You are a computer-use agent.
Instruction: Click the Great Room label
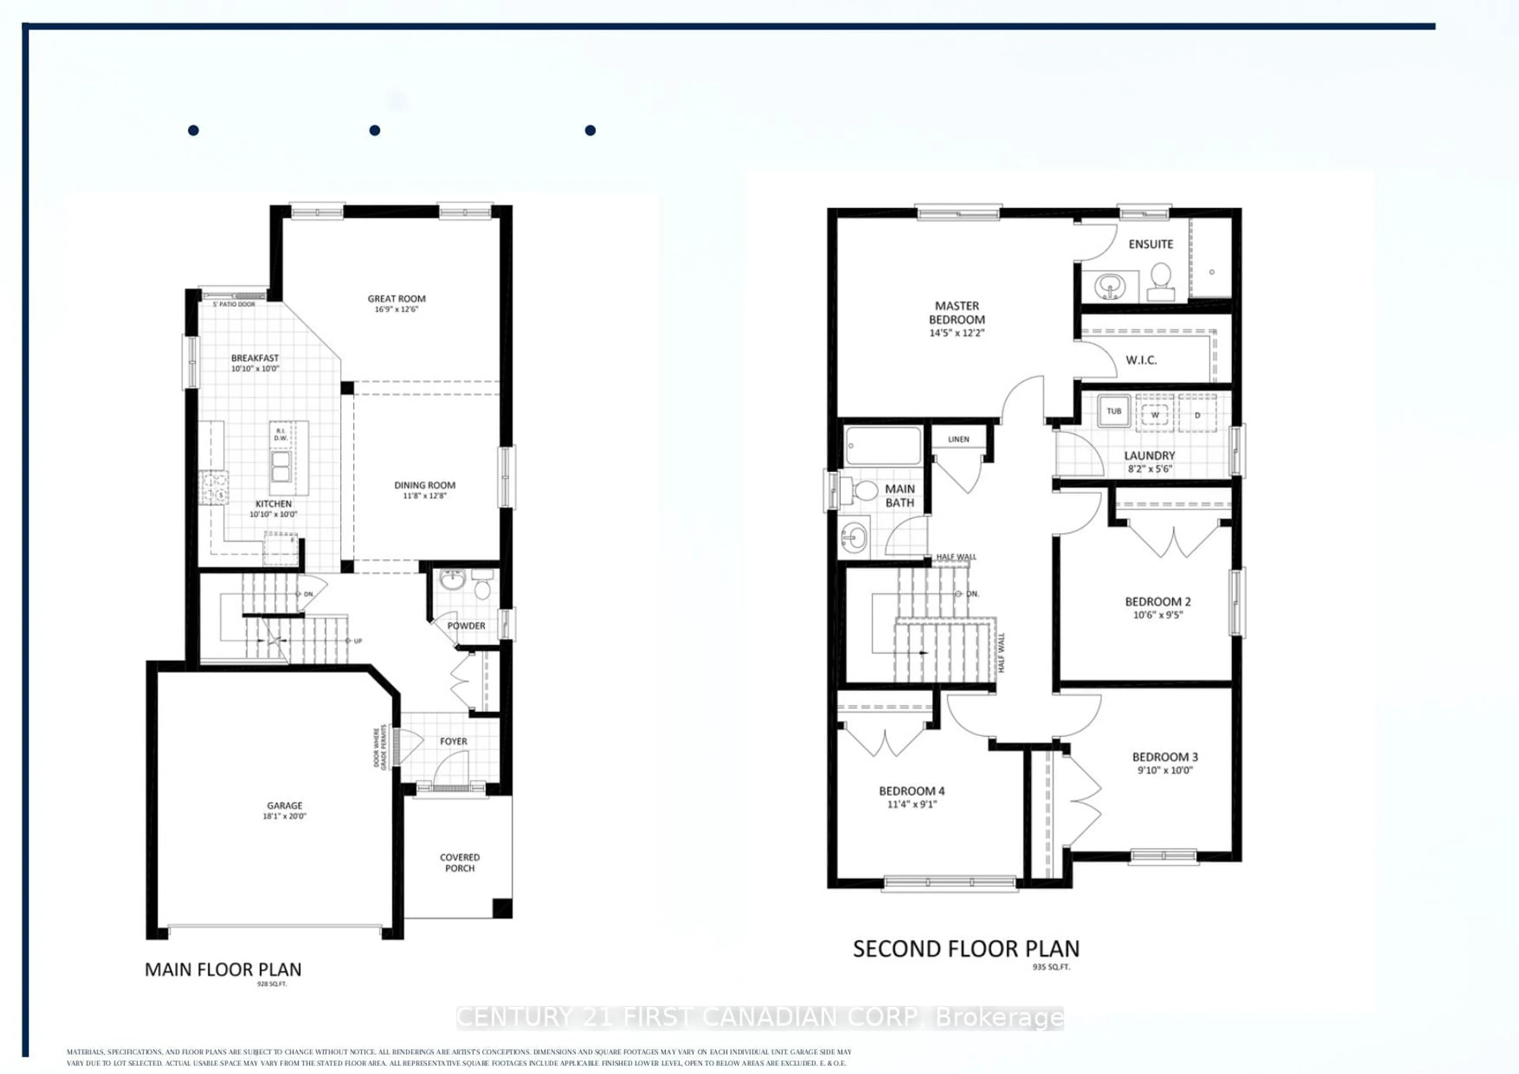[x=396, y=298]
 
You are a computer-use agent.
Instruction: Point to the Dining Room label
[x=425, y=485]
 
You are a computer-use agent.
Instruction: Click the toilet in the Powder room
[x=482, y=587]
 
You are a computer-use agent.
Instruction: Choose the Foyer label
[x=453, y=741]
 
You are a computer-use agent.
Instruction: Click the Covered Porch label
[x=460, y=862]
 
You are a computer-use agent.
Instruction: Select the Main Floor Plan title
[x=223, y=970]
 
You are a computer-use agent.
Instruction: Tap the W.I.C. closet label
[x=1141, y=360]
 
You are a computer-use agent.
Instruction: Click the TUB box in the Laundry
[x=1114, y=411]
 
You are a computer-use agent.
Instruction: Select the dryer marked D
[x=1197, y=415]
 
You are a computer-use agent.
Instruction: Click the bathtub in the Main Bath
[x=883, y=446]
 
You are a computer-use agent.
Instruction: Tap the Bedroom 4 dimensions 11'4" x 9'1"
[x=912, y=805]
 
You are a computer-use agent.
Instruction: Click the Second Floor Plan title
[x=966, y=949]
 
